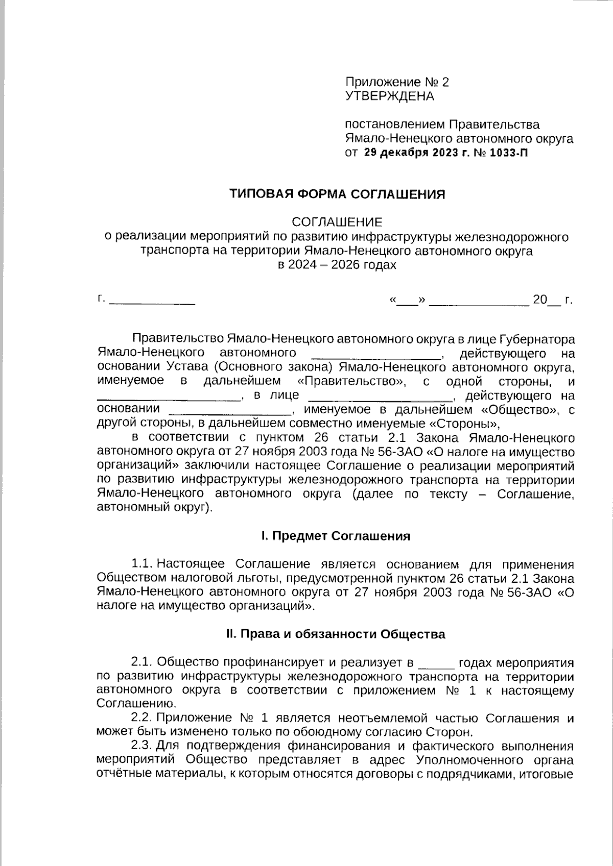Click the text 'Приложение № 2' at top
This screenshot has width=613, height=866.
point(397,82)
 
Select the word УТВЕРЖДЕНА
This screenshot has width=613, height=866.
point(389,96)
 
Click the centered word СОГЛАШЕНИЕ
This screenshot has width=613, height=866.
point(337,222)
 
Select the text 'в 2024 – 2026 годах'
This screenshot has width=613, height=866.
point(337,265)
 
